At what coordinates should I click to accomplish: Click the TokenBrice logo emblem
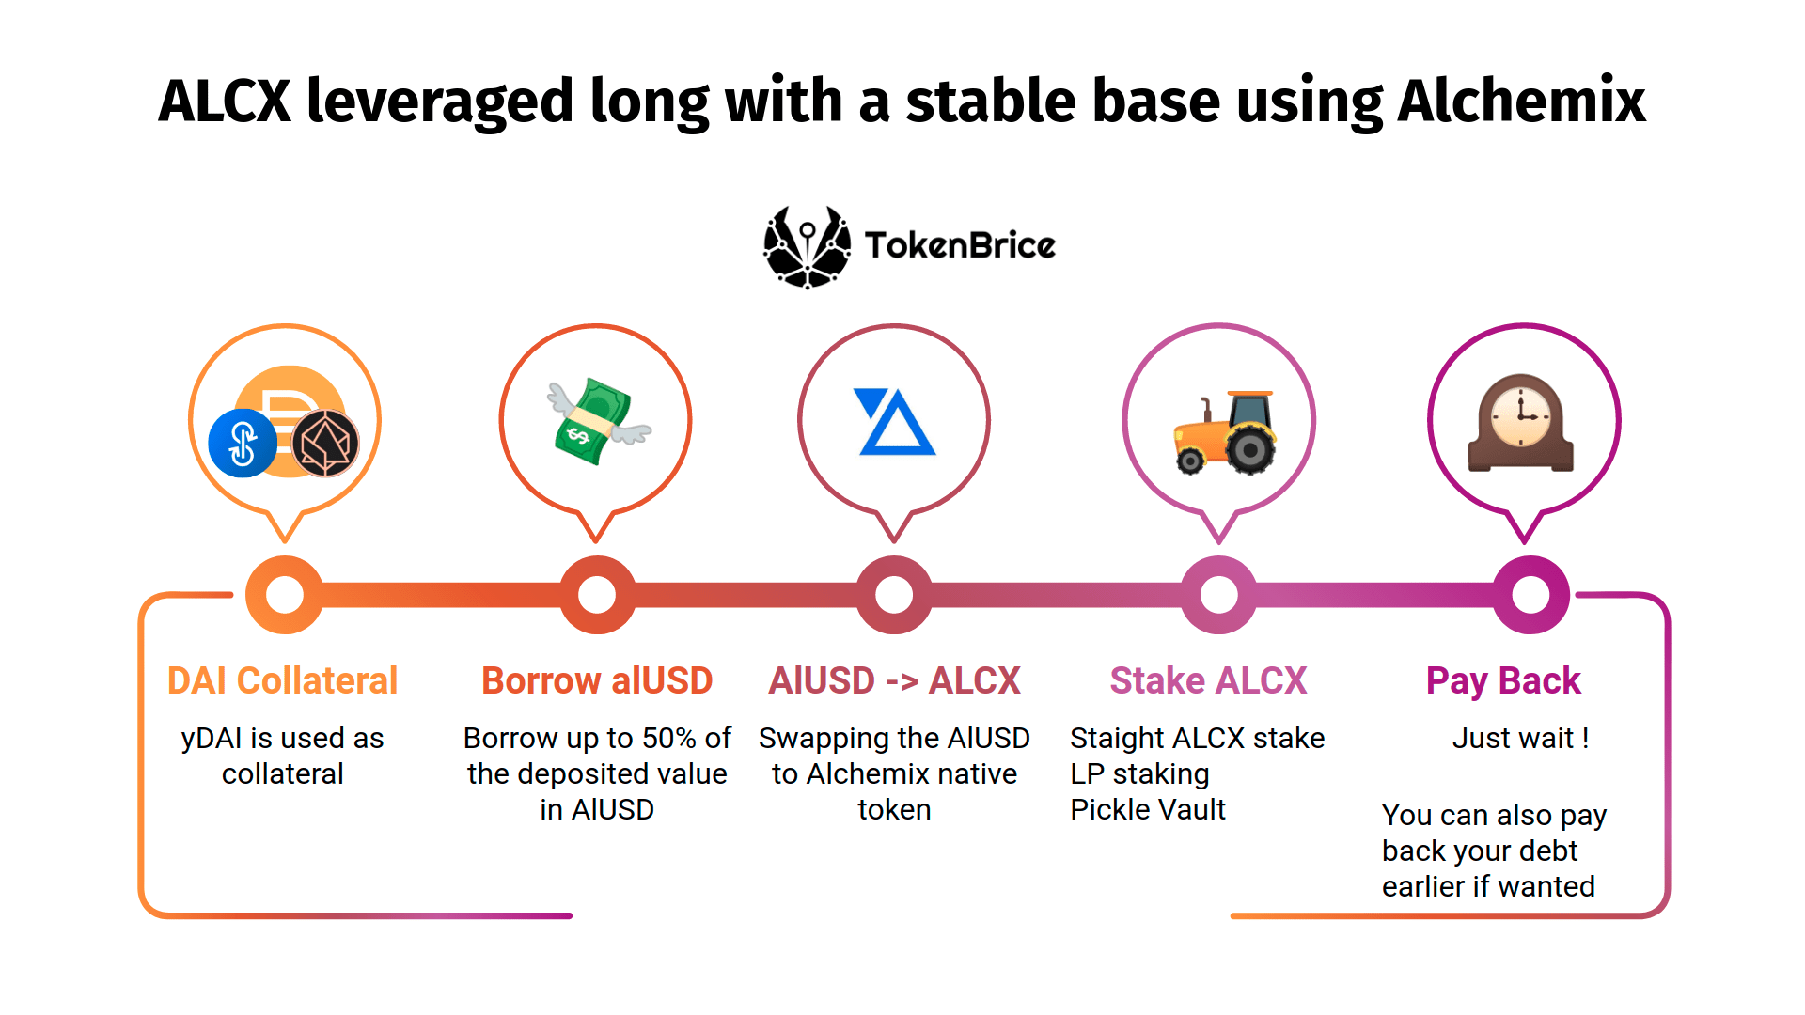pos(807,247)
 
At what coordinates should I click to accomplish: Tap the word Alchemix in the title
pos(1521,101)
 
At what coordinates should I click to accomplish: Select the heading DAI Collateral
pos(282,680)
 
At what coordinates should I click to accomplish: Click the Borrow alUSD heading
pos(597,680)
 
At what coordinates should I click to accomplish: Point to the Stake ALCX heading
pos(1208,680)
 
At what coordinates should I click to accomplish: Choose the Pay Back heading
pos(1503,680)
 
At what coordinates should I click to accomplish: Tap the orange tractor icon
pos(1225,432)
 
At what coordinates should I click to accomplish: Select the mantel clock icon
pos(1521,423)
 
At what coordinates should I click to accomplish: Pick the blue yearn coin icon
pos(243,444)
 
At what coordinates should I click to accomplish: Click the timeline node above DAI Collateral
pos(285,594)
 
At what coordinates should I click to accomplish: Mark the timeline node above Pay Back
pos(1530,594)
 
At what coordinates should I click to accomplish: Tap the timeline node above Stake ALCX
pos(1218,594)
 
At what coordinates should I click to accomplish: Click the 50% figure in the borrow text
pos(668,739)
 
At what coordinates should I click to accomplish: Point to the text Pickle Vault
pos(1148,810)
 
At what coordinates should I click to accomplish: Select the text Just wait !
pos(1520,739)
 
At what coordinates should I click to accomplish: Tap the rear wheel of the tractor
pos(1249,450)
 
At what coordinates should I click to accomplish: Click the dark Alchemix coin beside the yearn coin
pos(325,444)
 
